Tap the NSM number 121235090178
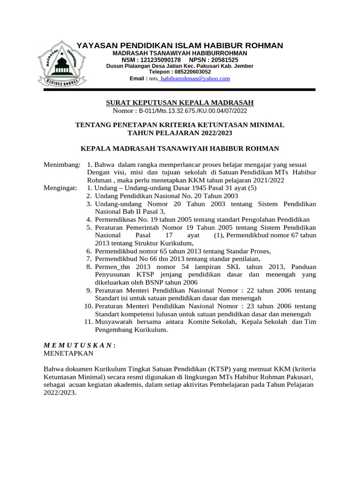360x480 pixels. click(x=159, y=60)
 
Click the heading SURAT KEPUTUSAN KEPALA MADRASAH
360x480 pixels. click(x=180, y=103)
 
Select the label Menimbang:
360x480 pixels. click(x=62, y=165)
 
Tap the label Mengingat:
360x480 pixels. click(x=61, y=187)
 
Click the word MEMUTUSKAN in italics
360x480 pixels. click(x=78, y=345)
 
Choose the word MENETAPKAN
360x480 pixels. click(x=68, y=353)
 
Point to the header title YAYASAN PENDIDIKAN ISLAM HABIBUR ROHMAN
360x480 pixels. click(x=180, y=45)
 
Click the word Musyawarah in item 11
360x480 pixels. click(x=115, y=322)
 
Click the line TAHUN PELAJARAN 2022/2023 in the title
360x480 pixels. click(x=180, y=133)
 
